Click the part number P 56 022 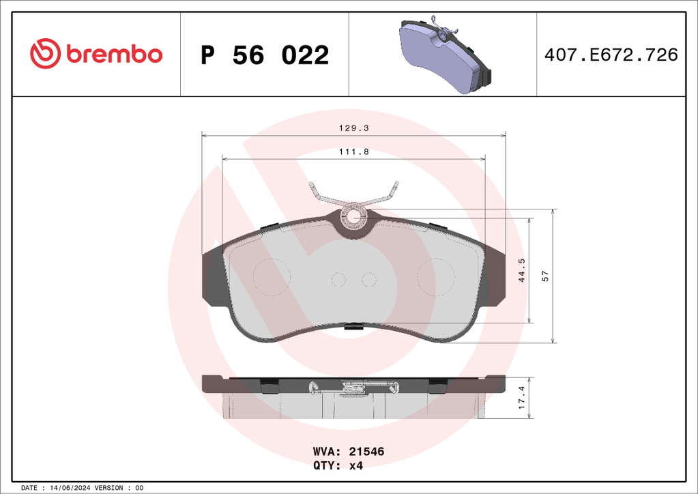[265, 55]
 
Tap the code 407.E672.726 [611, 55]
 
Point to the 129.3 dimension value [354, 128]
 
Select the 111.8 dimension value [354, 151]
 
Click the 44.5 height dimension [522, 270]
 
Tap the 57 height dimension [545, 276]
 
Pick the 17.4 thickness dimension [522, 397]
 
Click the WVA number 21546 [366, 451]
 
